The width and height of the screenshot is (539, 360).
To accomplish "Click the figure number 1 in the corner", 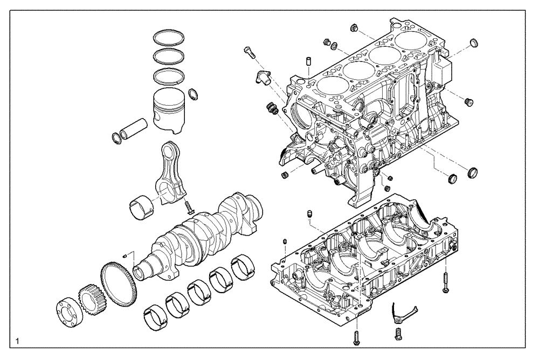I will click(x=19, y=341).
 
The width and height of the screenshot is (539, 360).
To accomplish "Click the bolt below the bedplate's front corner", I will click(x=357, y=337).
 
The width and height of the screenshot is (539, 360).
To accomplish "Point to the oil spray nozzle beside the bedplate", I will click(x=402, y=311).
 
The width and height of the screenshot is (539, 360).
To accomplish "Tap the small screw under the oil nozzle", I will click(x=398, y=333).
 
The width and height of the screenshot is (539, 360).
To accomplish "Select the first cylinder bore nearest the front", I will click(x=331, y=85).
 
